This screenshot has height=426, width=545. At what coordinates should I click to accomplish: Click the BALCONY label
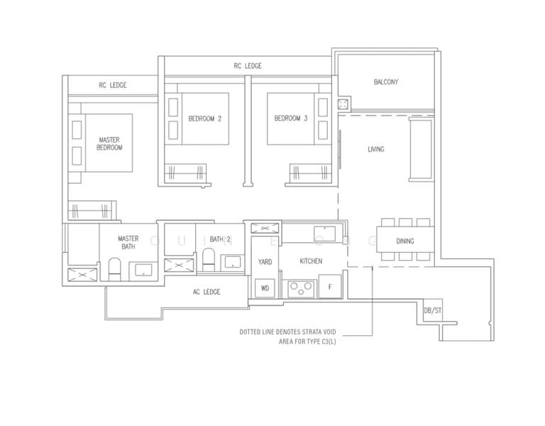pyautogui.click(x=386, y=82)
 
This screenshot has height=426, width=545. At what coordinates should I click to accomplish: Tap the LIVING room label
pyautogui.click(x=375, y=149)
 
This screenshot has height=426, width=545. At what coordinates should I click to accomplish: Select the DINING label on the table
pyautogui.click(x=404, y=241)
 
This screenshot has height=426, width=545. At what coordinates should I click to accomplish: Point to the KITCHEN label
pyautogui.click(x=311, y=261)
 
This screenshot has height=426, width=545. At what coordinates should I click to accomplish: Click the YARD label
pyautogui.click(x=265, y=262)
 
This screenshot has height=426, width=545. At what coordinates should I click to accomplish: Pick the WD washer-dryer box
pyautogui.click(x=265, y=288)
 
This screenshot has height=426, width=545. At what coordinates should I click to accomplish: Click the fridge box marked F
pyautogui.click(x=329, y=286)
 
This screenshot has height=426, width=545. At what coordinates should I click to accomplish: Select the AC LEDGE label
pyautogui.click(x=206, y=292)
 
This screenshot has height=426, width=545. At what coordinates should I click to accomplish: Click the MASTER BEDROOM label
pyautogui.click(x=109, y=144)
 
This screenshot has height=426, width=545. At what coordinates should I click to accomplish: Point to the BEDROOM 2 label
pyautogui.click(x=205, y=119)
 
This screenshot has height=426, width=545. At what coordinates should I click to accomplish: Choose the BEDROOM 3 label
pyautogui.click(x=291, y=119)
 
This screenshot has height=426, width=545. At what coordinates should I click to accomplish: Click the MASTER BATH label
pyautogui.click(x=128, y=243)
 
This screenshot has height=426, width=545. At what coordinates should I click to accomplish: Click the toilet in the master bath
pyautogui.click(x=114, y=269)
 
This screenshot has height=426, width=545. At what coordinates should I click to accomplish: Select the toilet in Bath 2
pyautogui.click(x=209, y=260)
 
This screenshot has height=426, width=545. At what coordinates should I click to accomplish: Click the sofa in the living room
pyautogui.click(x=420, y=149)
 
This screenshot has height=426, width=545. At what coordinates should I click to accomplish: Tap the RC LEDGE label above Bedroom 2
pyautogui.click(x=248, y=66)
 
